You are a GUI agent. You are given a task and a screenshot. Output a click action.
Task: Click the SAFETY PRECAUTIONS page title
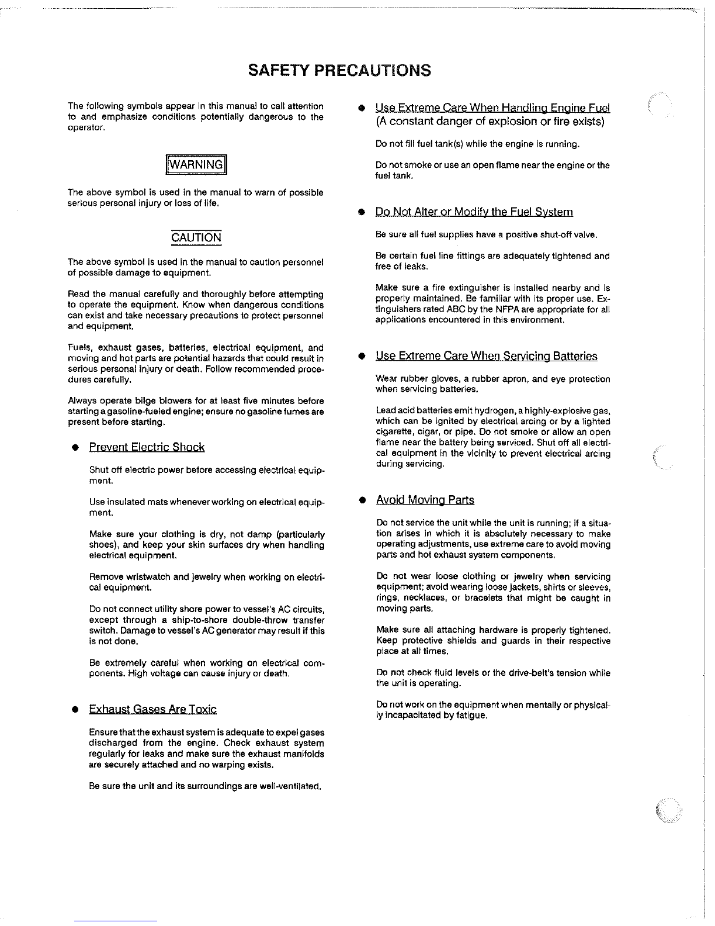point(339,71)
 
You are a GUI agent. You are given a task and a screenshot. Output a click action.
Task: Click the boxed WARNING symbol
point(196,165)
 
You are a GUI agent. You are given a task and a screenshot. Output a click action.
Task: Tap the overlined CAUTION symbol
point(196,238)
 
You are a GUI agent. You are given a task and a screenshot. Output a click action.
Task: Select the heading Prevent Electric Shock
point(147,448)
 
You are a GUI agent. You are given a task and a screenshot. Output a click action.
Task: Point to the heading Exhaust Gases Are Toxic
point(152,710)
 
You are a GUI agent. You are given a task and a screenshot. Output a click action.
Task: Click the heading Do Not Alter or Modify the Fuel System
point(474,212)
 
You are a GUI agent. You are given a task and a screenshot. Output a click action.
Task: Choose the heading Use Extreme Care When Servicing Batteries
point(487,357)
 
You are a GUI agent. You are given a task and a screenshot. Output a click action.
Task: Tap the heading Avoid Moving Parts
point(425,500)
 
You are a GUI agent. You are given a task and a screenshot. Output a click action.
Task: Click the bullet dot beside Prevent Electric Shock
point(75,448)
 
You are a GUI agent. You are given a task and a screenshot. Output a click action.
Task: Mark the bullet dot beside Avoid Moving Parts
point(362,501)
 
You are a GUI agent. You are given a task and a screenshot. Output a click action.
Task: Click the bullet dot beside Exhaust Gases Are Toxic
point(75,710)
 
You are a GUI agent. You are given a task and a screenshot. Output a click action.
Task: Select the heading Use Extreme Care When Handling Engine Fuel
point(492,108)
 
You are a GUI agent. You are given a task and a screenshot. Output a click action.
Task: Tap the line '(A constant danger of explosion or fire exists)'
point(490,122)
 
